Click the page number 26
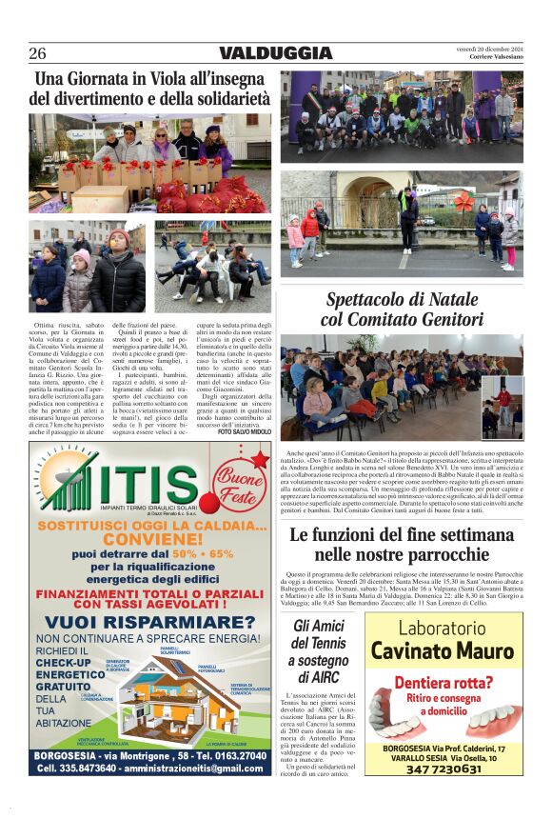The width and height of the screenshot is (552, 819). click(37, 53)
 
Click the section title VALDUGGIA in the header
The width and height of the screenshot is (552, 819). click(276, 53)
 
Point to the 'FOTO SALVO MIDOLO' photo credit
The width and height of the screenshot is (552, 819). click(245, 432)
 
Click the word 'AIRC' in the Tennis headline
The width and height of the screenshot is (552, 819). click(319, 677)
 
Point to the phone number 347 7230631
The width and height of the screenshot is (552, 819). click(443, 769)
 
